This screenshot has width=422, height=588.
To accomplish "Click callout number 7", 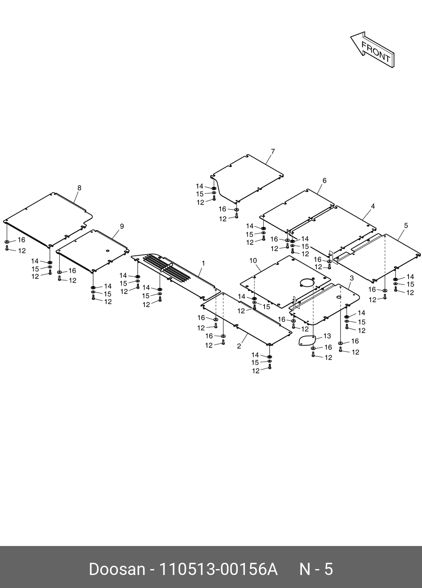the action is (273, 152).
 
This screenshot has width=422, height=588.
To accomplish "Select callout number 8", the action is (79, 188).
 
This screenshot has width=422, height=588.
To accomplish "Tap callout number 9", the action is (122, 226).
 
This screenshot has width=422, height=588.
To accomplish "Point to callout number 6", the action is (324, 181).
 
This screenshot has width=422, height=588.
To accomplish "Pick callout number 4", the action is (373, 206).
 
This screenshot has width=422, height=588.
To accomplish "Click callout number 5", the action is (406, 226).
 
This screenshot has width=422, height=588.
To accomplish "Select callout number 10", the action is (253, 260).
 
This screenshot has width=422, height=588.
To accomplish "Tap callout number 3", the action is (351, 278).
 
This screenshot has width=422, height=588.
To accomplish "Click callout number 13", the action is (327, 336).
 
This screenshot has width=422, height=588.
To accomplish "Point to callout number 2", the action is (239, 346).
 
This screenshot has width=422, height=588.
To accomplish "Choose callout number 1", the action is (203, 263).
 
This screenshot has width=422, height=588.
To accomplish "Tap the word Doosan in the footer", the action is (116, 569).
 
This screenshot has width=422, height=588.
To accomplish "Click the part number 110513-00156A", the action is (218, 569).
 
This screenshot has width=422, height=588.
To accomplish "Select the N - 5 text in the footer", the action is (316, 569).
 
